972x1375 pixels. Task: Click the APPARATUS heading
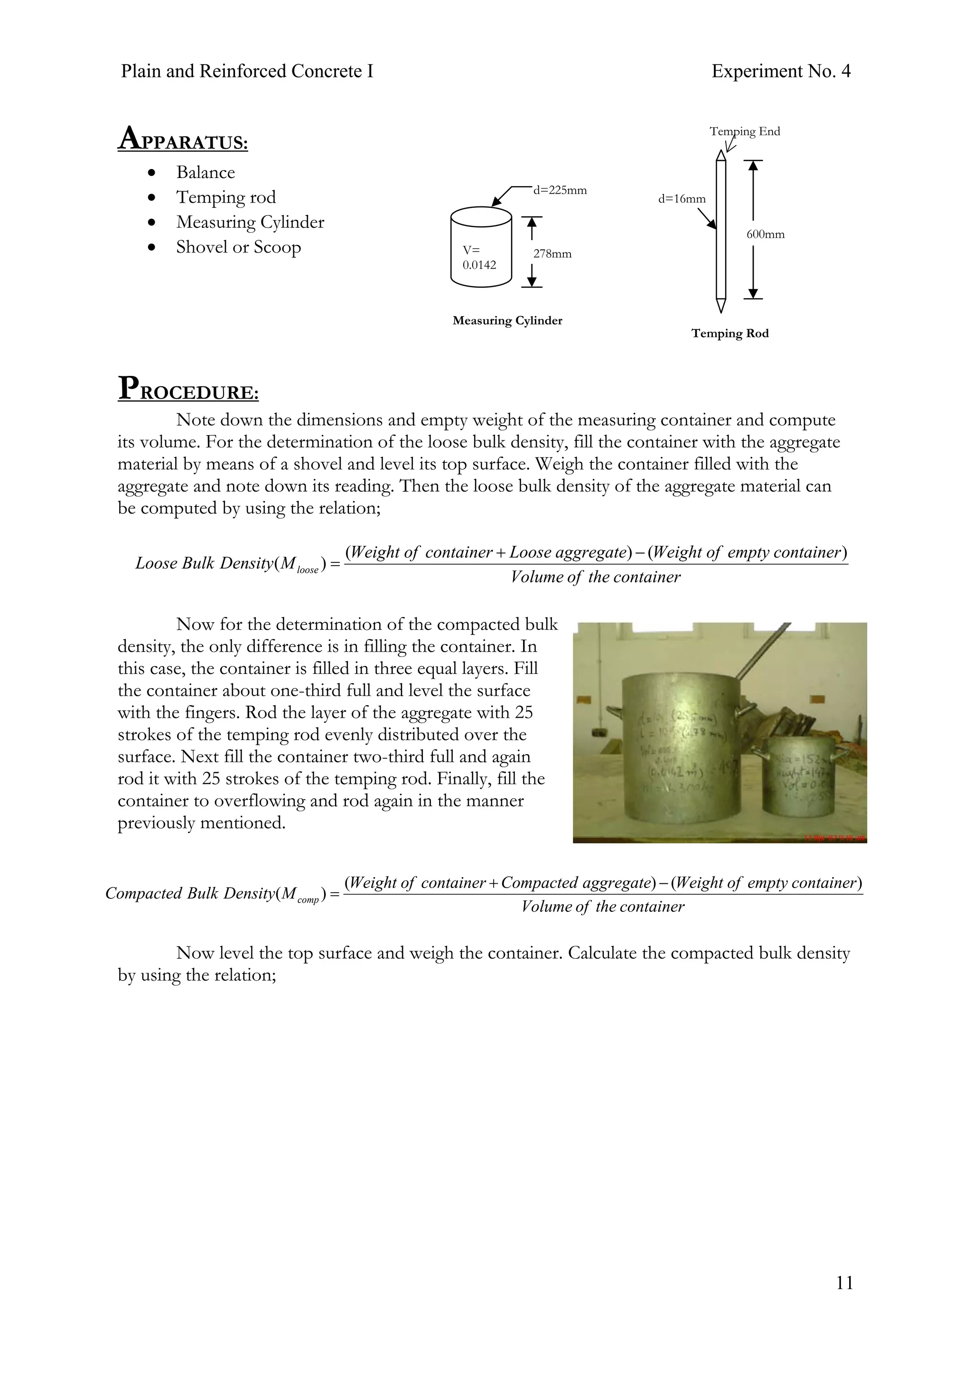[183, 139]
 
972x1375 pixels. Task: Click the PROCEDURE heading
[188, 389]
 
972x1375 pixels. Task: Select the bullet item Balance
[206, 172]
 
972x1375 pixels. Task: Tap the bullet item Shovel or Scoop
[238, 247]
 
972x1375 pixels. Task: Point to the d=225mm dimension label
[560, 190]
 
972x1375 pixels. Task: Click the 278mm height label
[552, 254]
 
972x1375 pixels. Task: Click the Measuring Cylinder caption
[507, 320]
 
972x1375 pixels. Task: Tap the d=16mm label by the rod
[682, 199]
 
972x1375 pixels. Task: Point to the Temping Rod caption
[729, 334]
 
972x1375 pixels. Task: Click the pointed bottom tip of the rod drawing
[721, 307]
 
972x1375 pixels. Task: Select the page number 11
[844, 1282]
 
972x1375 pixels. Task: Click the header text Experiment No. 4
[780, 71]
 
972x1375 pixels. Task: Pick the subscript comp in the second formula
[308, 900]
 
